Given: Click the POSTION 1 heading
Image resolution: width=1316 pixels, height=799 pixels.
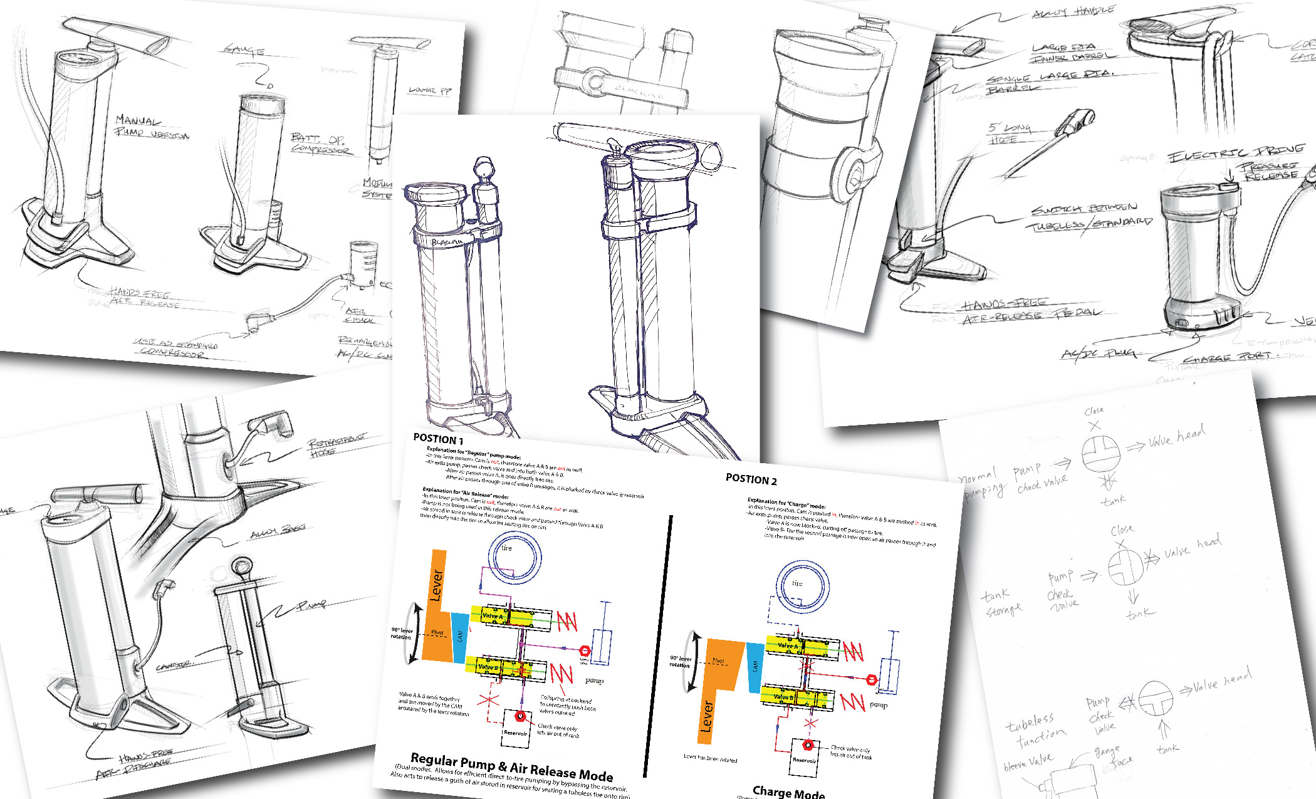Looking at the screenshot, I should coord(438,439).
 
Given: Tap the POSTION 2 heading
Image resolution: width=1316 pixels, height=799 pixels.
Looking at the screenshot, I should coord(751,480).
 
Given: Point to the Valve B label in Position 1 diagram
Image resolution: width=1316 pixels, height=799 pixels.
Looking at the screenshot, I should coord(488,667).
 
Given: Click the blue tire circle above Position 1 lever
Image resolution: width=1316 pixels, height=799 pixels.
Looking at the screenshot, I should coord(514,557).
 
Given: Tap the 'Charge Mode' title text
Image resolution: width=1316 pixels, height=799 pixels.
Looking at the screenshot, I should coord(788,792).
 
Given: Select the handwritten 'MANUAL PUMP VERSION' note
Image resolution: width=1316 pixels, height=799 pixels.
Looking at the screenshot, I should coord(150,126).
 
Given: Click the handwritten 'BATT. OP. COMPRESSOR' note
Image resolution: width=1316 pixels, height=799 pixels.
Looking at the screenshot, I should coord(321,144).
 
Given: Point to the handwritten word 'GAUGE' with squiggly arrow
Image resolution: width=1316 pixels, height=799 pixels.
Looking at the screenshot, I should coord(244,50).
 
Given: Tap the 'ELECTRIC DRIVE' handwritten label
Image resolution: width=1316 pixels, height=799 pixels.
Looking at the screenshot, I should coord(1235,152).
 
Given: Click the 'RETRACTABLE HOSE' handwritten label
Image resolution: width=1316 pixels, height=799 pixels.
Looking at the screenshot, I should coord(336,444).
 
